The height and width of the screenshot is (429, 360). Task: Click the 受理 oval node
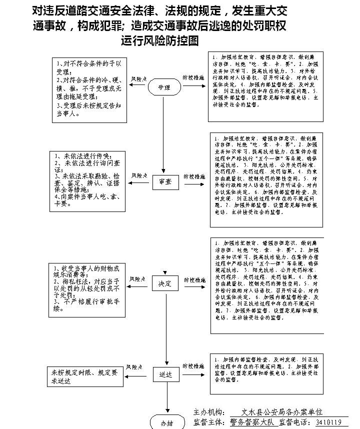point(164,87)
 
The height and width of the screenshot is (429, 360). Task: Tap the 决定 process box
point(165,283)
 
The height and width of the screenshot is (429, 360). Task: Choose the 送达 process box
point(165,374)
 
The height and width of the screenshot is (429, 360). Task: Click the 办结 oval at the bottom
point(166,422)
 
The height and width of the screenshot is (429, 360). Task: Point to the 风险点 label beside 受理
point(138,79)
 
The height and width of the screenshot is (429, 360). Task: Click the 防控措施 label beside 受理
point(193,78)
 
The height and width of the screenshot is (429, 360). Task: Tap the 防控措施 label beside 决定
point(193,277)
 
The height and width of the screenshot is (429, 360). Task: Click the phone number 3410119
point(328,422)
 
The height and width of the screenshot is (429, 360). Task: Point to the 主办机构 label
point(209,412)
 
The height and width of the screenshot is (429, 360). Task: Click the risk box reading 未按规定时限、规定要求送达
point(85,377)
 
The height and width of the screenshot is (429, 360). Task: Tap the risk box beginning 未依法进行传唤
point(87,181)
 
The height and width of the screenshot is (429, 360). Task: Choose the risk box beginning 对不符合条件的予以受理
point(90,90)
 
